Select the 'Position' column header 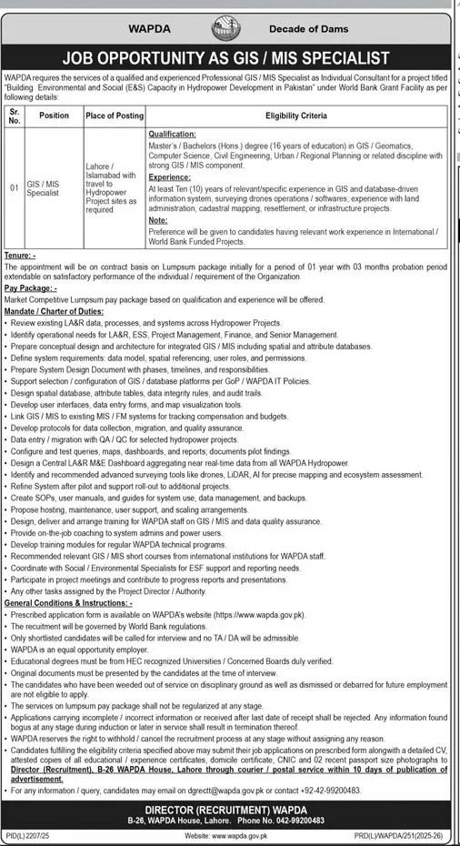pyautogui.click(x=54, y=116)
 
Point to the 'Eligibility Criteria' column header pyautogui.click(x=295, y=116)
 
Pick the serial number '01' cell pyautogui.click(x=15, y=188)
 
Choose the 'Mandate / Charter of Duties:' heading pyautogui.click(x=57, y=309)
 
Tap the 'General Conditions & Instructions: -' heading pyautogui.click(x=68, y=603)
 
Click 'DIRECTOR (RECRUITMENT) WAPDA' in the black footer pyautogui.click(x=228, y=808)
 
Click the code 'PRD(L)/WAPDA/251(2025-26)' pyautogui.click(x=403, y=834)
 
